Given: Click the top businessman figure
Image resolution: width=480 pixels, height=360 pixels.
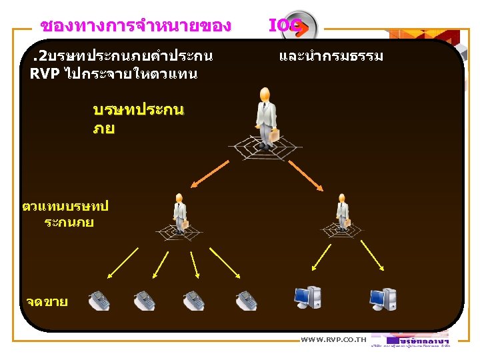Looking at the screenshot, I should [x=266, y=116].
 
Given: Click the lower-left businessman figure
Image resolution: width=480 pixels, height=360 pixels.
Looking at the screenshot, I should [x=179, y=213].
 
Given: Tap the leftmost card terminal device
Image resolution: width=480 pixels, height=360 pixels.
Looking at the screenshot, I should [x=99, y=301].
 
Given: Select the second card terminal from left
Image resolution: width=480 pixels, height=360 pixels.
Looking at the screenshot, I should [x=144, y=301].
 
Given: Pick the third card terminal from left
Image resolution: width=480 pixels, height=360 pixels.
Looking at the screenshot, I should [x=193, y=301].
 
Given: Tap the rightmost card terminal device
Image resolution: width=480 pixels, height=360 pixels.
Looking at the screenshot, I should [x=246, y=301].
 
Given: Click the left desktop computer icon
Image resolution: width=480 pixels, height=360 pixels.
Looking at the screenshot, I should [x=308, y=299].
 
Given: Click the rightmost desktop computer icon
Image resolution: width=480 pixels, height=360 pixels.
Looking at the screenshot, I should [x=383, y=301].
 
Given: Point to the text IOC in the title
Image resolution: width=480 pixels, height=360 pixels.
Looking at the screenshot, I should [x=283, y=26].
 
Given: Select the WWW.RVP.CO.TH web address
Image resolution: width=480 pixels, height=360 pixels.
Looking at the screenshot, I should [x=333, y=340].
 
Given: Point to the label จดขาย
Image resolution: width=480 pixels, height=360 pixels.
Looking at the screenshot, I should [x=47, y=302].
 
